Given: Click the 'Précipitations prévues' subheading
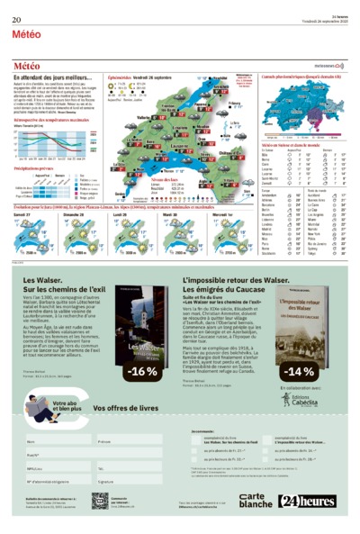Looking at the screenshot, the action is coord(37,167).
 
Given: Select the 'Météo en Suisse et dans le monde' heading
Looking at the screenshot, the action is coord(292,145).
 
